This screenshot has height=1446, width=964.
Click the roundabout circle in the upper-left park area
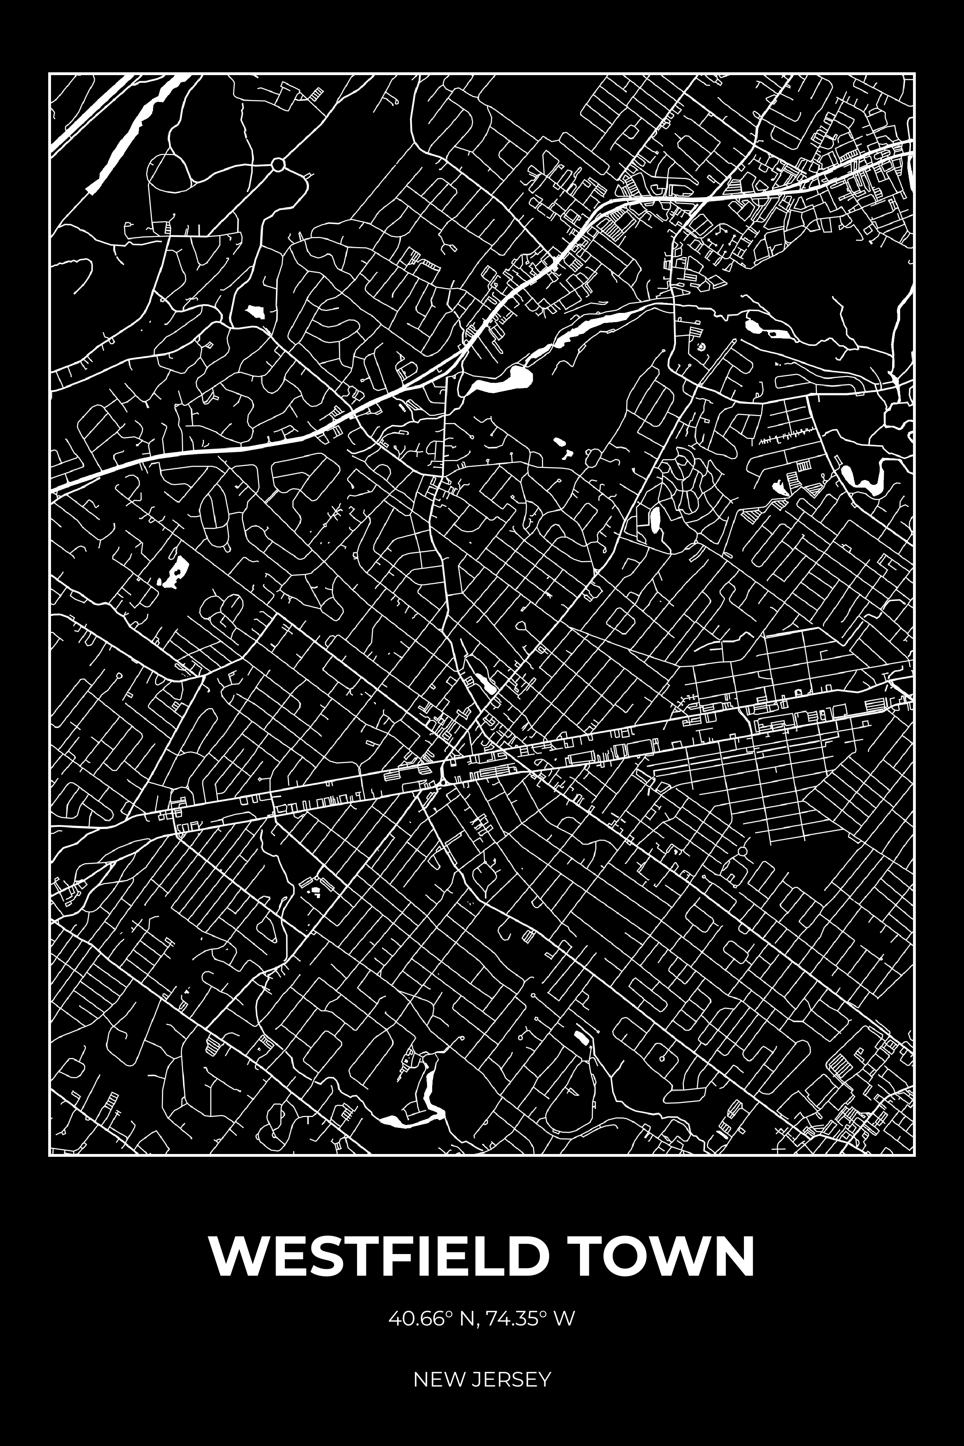point(278,165)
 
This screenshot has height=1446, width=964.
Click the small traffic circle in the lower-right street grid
point(742,850)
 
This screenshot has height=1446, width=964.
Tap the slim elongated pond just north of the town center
point(483,680)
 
